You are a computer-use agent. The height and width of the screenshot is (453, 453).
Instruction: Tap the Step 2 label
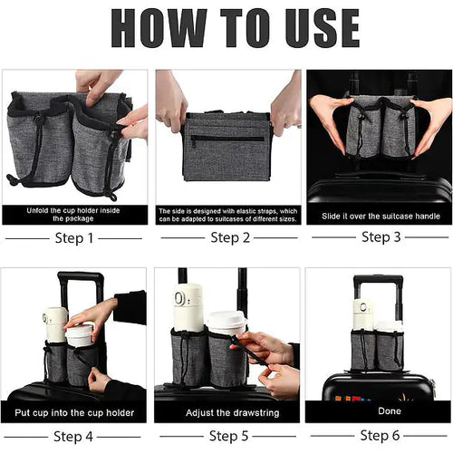226,238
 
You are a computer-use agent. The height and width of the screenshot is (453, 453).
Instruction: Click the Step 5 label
226,437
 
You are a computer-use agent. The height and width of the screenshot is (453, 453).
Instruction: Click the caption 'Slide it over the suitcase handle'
377,217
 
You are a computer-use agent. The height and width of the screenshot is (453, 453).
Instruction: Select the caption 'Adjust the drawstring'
226,413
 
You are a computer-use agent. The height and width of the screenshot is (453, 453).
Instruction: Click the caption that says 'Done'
377,413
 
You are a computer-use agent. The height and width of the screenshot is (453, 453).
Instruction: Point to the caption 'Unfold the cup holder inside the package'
75,214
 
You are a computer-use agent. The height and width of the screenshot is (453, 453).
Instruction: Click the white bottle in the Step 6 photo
363,313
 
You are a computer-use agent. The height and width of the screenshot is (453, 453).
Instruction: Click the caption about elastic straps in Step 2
226,214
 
